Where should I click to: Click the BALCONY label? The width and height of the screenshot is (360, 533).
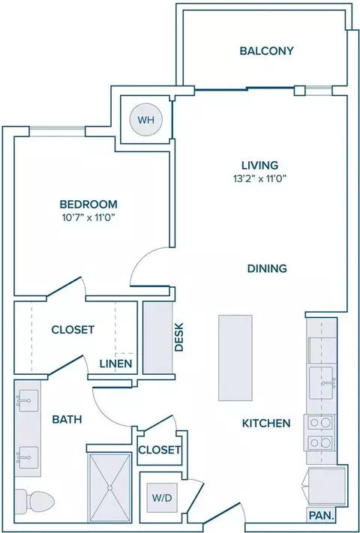point(266,51)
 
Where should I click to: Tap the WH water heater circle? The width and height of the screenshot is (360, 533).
point(146,120)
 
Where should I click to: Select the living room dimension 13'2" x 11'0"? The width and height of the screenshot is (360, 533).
point(259,179)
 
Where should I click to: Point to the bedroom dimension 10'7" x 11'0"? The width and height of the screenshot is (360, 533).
point(88,218)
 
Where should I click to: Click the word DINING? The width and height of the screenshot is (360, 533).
point(267,268)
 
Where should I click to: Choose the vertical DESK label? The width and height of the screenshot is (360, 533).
point(178,337)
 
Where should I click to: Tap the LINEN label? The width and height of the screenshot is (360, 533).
point(115,364)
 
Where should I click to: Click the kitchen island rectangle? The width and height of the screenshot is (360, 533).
point(235,358)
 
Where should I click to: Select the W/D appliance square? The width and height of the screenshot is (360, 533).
point(162,498)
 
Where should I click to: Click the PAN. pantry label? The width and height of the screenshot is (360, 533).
point(321,516)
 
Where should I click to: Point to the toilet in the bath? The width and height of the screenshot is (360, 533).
point(34,500)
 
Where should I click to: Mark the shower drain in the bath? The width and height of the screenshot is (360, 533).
point(109,487)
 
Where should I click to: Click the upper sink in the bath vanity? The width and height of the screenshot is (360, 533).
point(28,401)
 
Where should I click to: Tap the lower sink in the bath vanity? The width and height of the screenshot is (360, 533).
point(28,457)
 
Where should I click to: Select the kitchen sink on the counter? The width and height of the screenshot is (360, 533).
point(322,383)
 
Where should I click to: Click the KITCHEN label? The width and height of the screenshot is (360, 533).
point(266,424)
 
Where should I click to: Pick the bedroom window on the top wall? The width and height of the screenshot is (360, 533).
point(57,131)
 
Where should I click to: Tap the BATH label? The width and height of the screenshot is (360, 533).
point(67,420)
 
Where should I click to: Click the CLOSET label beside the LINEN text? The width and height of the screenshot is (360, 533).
point(73,330)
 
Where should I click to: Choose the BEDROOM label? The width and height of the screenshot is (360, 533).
point(88,205)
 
